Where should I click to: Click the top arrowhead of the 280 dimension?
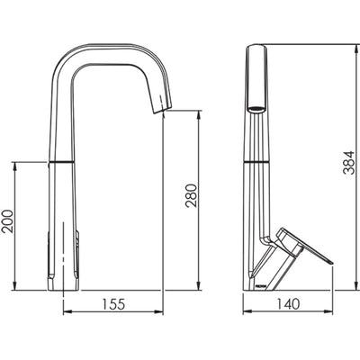199,114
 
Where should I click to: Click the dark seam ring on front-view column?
62,161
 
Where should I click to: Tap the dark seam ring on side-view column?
256,161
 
